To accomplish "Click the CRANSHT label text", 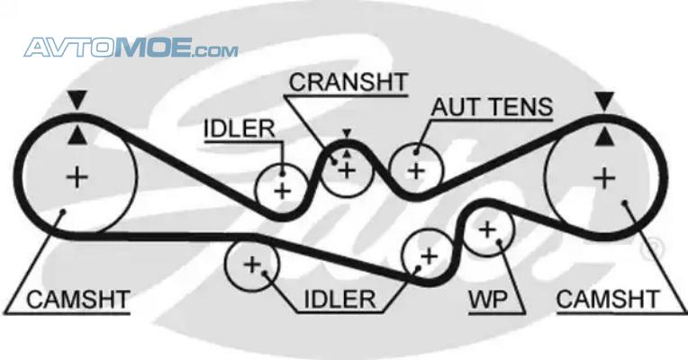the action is (x=349, y=82).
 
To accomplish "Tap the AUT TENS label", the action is (x=492, y=107).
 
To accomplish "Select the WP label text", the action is (x=488, y=300).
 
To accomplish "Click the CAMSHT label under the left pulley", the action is (x=78, y=300).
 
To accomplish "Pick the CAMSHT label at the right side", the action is (x=608, y=300).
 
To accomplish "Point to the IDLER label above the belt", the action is (x=240, y=129).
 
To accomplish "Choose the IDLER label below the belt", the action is (x=340, y=300).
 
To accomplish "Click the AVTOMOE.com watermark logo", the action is (x=131, y=48).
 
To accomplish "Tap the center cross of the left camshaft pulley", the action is (x=77, y=177).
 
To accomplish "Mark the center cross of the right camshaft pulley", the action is (x=604, y=178).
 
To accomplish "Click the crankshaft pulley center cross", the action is (x=347, y=170).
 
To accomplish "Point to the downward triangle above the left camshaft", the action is (x=77, y=101).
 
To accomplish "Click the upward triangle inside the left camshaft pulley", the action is (x=77, y=135).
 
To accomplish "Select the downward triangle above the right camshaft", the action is (x=604, y=101).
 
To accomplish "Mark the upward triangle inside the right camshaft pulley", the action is (x=604, y=136).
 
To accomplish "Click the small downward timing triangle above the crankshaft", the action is (x=347, y=133).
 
